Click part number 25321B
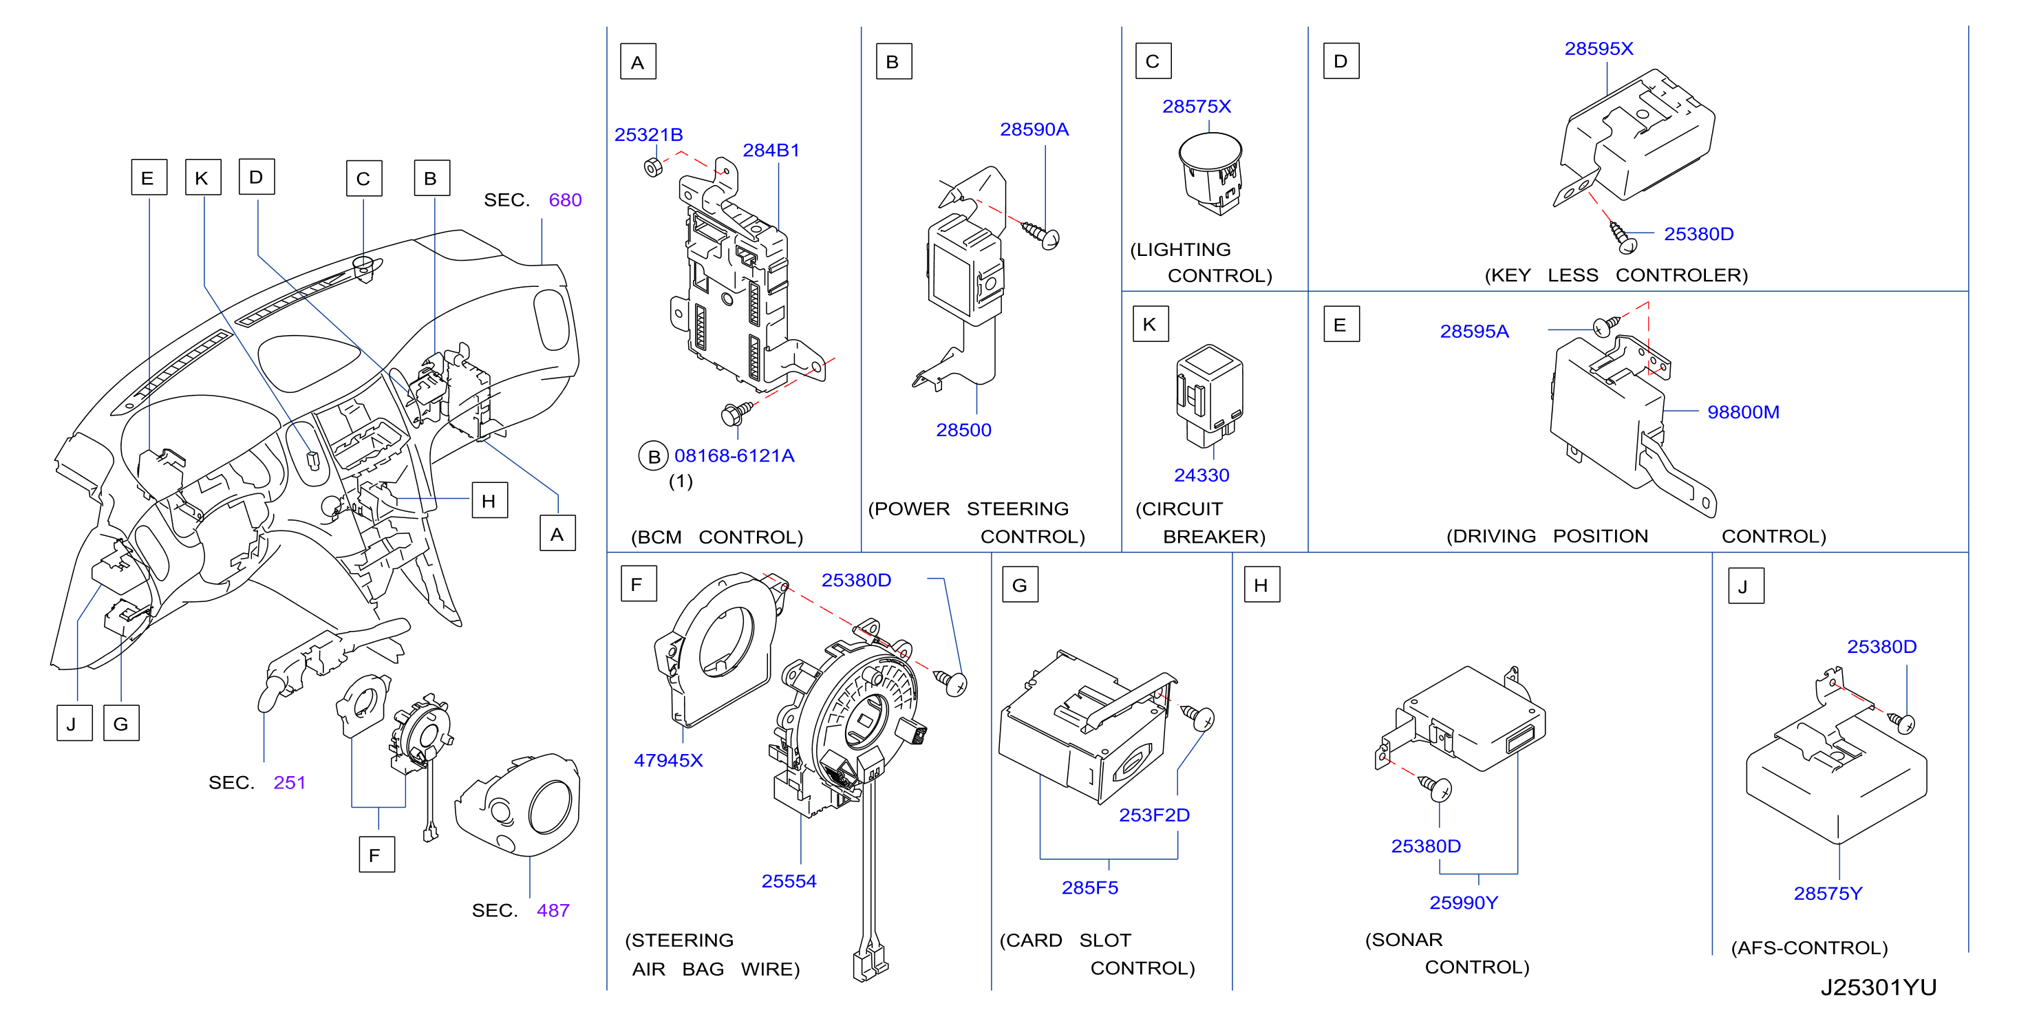(648, 135)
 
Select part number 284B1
(771, 151)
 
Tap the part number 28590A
(1034, 129)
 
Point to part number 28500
(963, 430)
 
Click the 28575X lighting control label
(1196, 107)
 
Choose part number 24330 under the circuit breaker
(1201, 475)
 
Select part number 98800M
(1743, 412)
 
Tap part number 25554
(789, 881)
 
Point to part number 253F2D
(1154, 816)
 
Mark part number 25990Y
(1463, 903)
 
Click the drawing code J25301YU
(1878, 988)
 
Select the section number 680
(565, 201)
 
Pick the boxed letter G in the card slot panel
(1020, 585)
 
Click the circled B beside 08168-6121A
(654, 457)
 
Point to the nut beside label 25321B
(653, 167)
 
